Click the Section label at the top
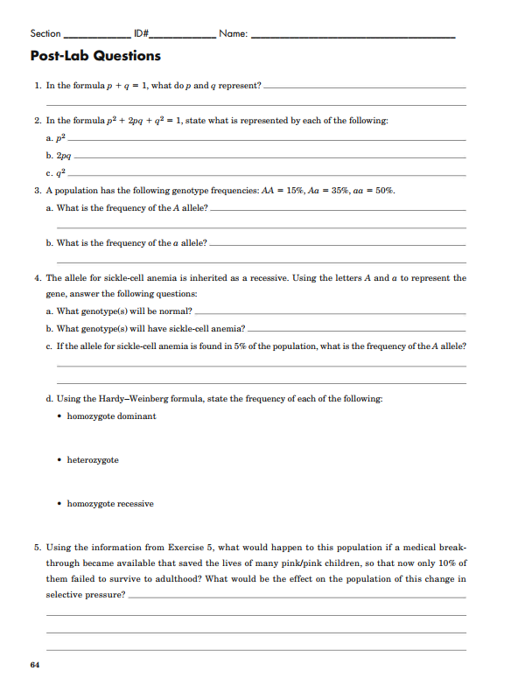pyautogui.click(x=45, y=33)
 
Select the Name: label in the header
pyautogui.click(x=234, y=33)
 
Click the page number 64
pyautogui.click(x=35, y=666)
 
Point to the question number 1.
pyautogui.click(x=37, y=86)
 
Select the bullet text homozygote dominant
pyautogui.click(x=112, y=416)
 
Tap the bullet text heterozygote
pyautogui.click(x=93, y=460)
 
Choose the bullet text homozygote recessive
pyautogui.click(x=110, y=504)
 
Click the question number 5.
pyautogui.click(x=37, y=547)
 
